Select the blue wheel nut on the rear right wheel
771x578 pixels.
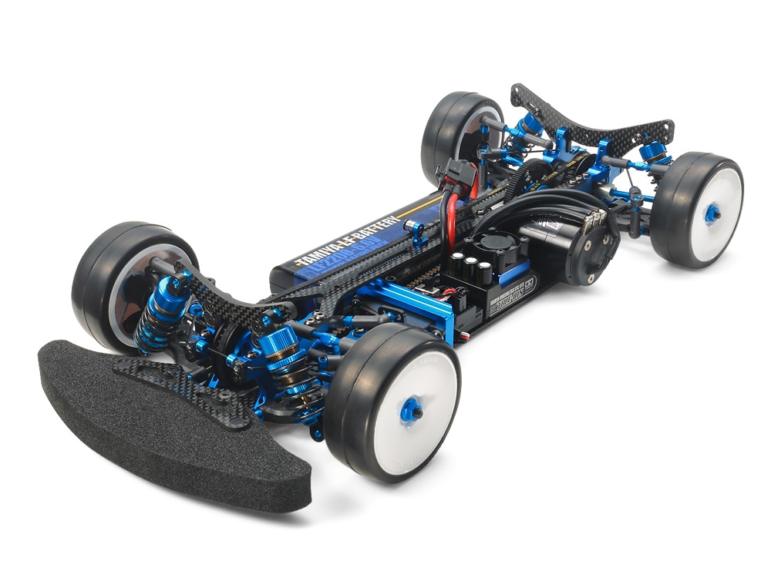[x=713, y=213]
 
